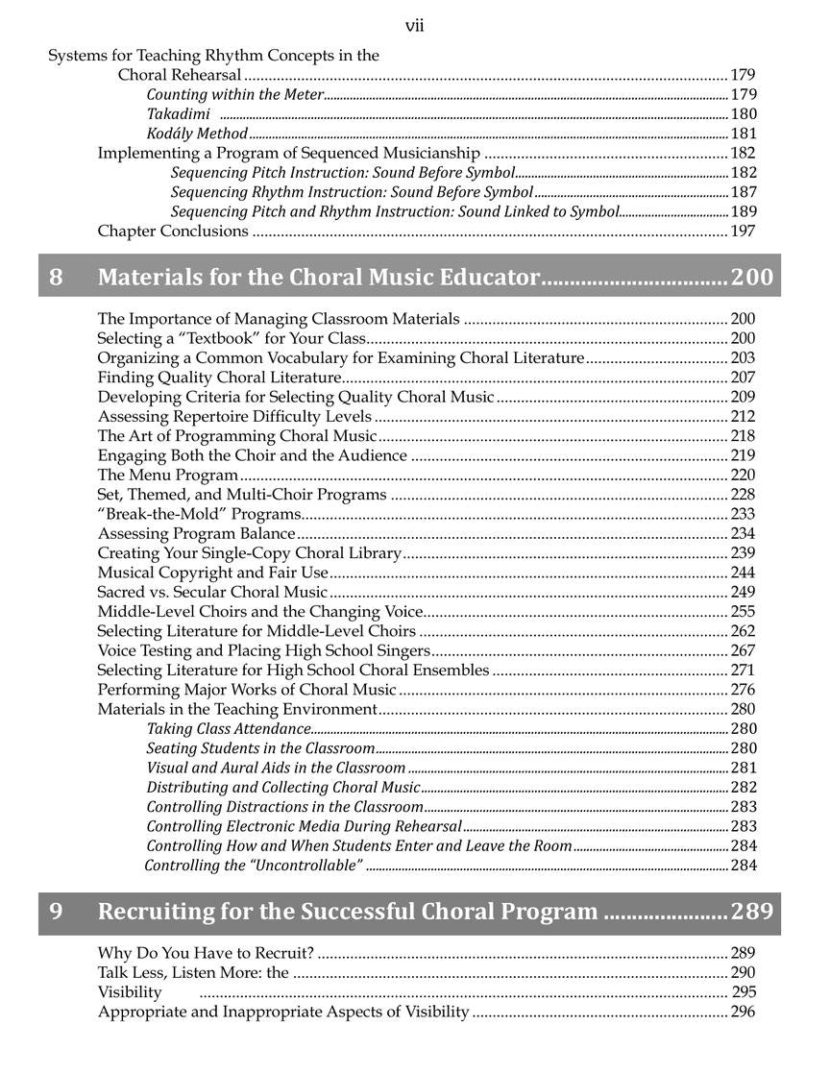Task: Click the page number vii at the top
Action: (414, 26)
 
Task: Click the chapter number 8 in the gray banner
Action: (56, 278)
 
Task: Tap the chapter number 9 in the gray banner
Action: (56, 911)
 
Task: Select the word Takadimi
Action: (178, 114)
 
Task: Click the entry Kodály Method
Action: (197, 134)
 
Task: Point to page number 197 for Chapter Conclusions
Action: (743, 231)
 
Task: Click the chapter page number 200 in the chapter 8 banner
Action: (751, 278)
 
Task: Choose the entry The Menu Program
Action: (167, 475)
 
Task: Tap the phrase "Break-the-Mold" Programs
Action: (199, 514)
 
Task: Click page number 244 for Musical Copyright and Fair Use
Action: (743, 573)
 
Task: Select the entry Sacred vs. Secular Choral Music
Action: (212, 592)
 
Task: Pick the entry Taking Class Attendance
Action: (215, 729)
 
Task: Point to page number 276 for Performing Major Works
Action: (743, 690)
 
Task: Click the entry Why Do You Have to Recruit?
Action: (206, 953)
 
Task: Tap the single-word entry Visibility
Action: (130, 992)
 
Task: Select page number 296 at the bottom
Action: (743, 1012)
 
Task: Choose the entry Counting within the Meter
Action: (234, 95)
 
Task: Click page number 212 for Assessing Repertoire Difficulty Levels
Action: (743, 416)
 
